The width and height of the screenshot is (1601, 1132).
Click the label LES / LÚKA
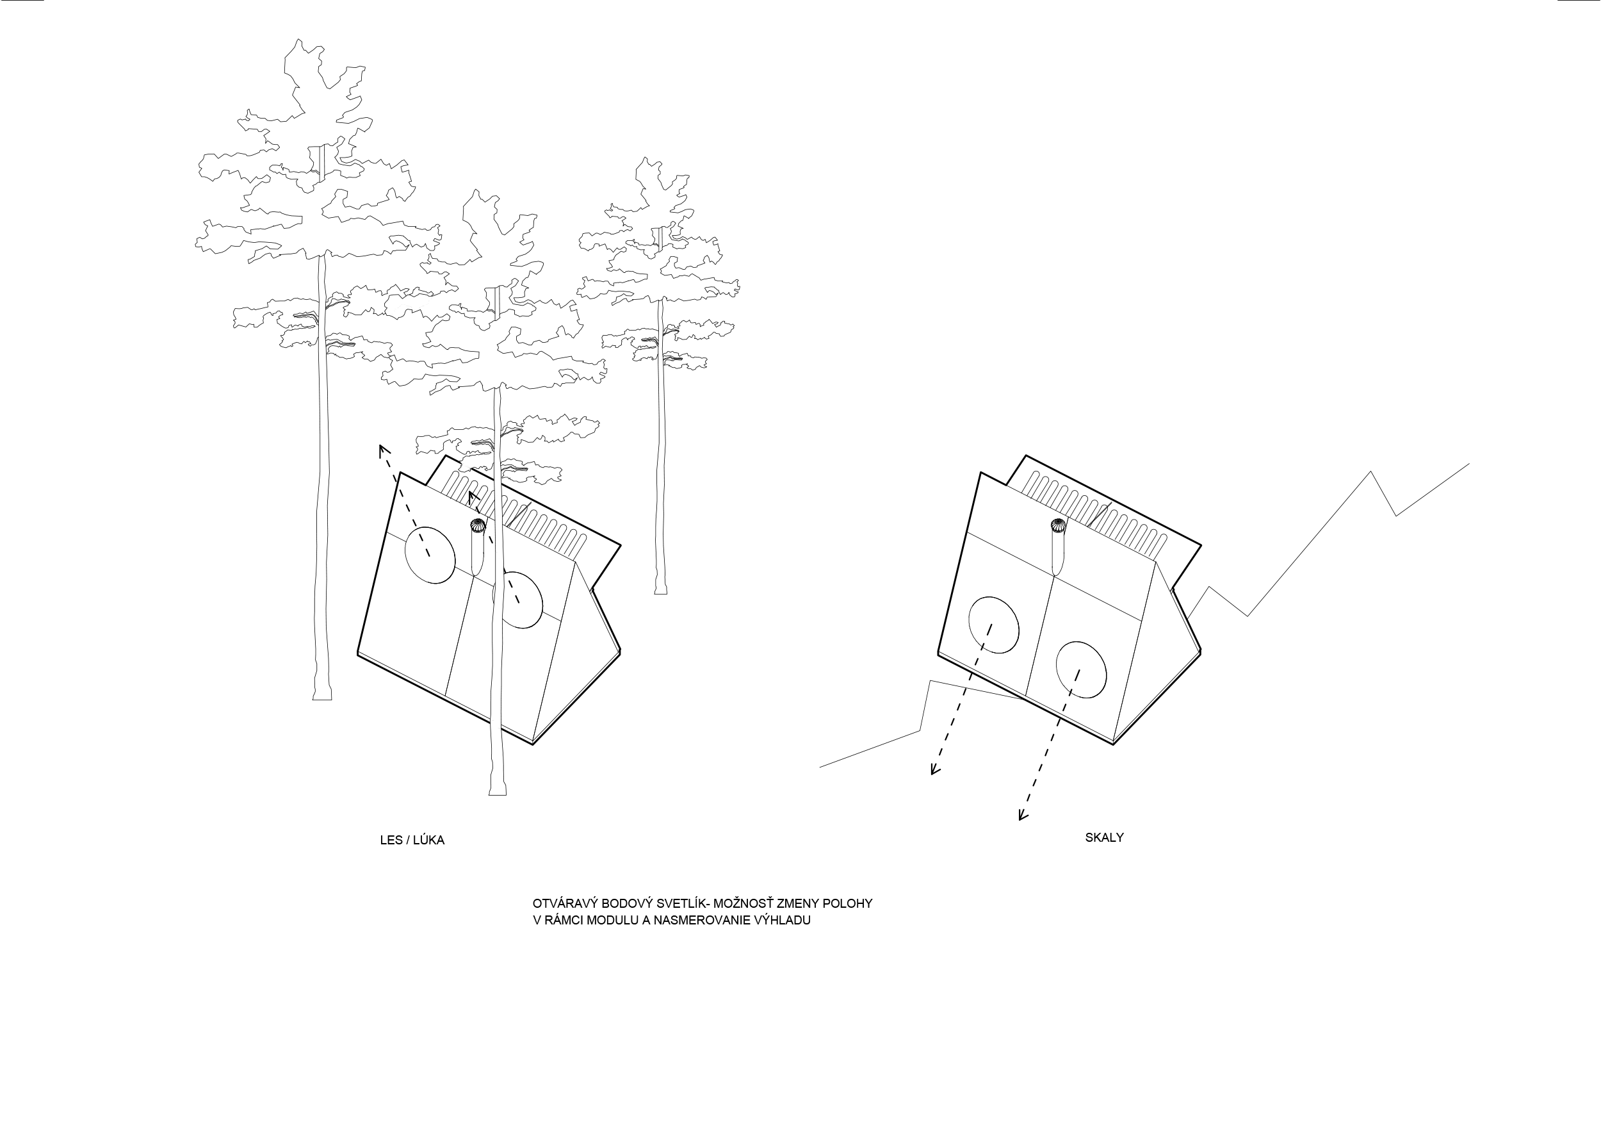click(x=411, y=841)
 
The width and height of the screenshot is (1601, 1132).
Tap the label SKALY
click(x=1104, y=838)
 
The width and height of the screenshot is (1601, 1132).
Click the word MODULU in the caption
click(x=613, y=920)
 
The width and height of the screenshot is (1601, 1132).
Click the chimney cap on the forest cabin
click(x=478, y=525)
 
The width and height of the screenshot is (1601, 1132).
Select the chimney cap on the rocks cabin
click(x=1058, y=525)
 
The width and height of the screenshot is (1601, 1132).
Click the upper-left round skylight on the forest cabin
click(x=430, y=555)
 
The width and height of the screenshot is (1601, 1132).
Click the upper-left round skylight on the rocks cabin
click(x=994, y=625)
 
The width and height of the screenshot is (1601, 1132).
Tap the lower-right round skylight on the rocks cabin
click(x=1081, y=669)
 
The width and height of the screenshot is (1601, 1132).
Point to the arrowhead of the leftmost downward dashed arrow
click(x=934, y=771)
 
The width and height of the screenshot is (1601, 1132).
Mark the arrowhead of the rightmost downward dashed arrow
click(x=1022, y=816)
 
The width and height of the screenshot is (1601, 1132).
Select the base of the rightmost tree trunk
click(x=660, y=591)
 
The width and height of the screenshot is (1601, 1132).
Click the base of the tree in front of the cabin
click(x=497, y=791)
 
